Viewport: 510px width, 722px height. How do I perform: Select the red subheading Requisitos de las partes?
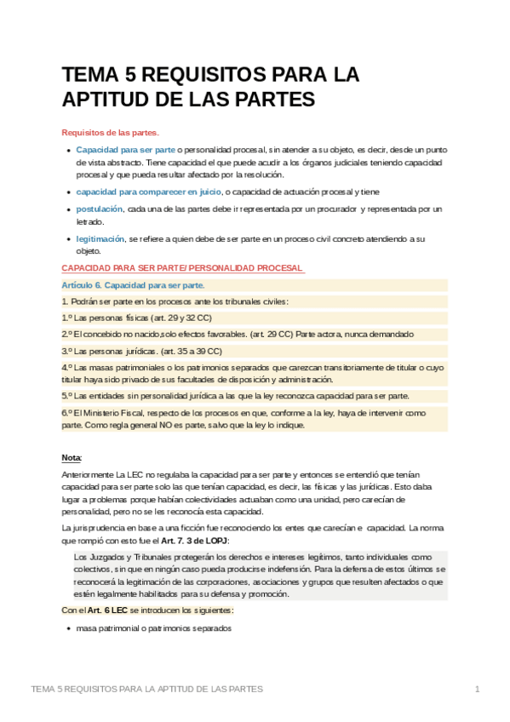point(111,132)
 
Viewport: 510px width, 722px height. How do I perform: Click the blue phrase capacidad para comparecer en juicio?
point(148,192)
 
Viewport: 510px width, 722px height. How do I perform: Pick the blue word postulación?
point(99,209)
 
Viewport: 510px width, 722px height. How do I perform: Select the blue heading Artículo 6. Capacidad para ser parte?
point(133,284)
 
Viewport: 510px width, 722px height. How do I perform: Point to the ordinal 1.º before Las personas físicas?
point(67,317)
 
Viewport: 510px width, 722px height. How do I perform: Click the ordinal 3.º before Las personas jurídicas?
point(67,349)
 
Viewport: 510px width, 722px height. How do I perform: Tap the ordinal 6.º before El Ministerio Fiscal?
point(67,412)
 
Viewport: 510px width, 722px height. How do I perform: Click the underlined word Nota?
point(72,457)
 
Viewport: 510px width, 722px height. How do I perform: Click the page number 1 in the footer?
point(478,688)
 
